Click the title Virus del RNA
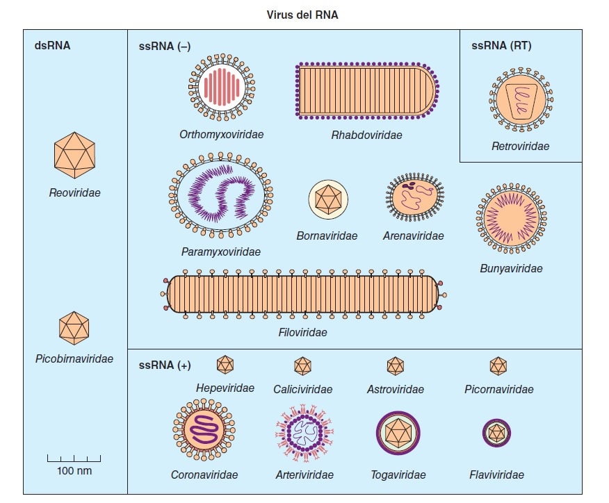coord(302,15)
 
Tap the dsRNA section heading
coord(52,47)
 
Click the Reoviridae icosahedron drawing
coord(74,154)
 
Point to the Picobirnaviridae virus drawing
coord(74,327)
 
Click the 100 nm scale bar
coord(74,459)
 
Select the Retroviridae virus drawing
coord(520,99)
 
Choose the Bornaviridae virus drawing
coord(327,200)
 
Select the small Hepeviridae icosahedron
coord(225,365)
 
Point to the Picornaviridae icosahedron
coord(498,365)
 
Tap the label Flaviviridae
coord(496,475)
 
